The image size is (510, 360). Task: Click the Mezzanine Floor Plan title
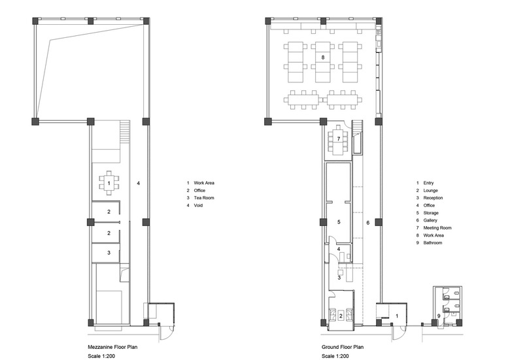(x=112, y=347)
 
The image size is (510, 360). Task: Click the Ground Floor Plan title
(x=343, y=347)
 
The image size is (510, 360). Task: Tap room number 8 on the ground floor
(x=323, y=57)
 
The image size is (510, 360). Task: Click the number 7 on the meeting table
(x=339, y=139)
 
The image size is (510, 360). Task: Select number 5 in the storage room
(x=339, y=222)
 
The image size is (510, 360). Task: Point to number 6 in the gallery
(x=368, y=223)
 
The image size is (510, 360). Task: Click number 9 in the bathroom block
(x=439, y=316)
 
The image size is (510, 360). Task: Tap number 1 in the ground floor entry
(x=397, y=316)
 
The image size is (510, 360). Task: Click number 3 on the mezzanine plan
(x=109, y=253)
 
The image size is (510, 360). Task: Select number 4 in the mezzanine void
(x=138, y=183)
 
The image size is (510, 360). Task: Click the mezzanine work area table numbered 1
(x=109, y=183)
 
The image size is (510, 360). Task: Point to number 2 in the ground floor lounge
(x=341, y=316)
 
